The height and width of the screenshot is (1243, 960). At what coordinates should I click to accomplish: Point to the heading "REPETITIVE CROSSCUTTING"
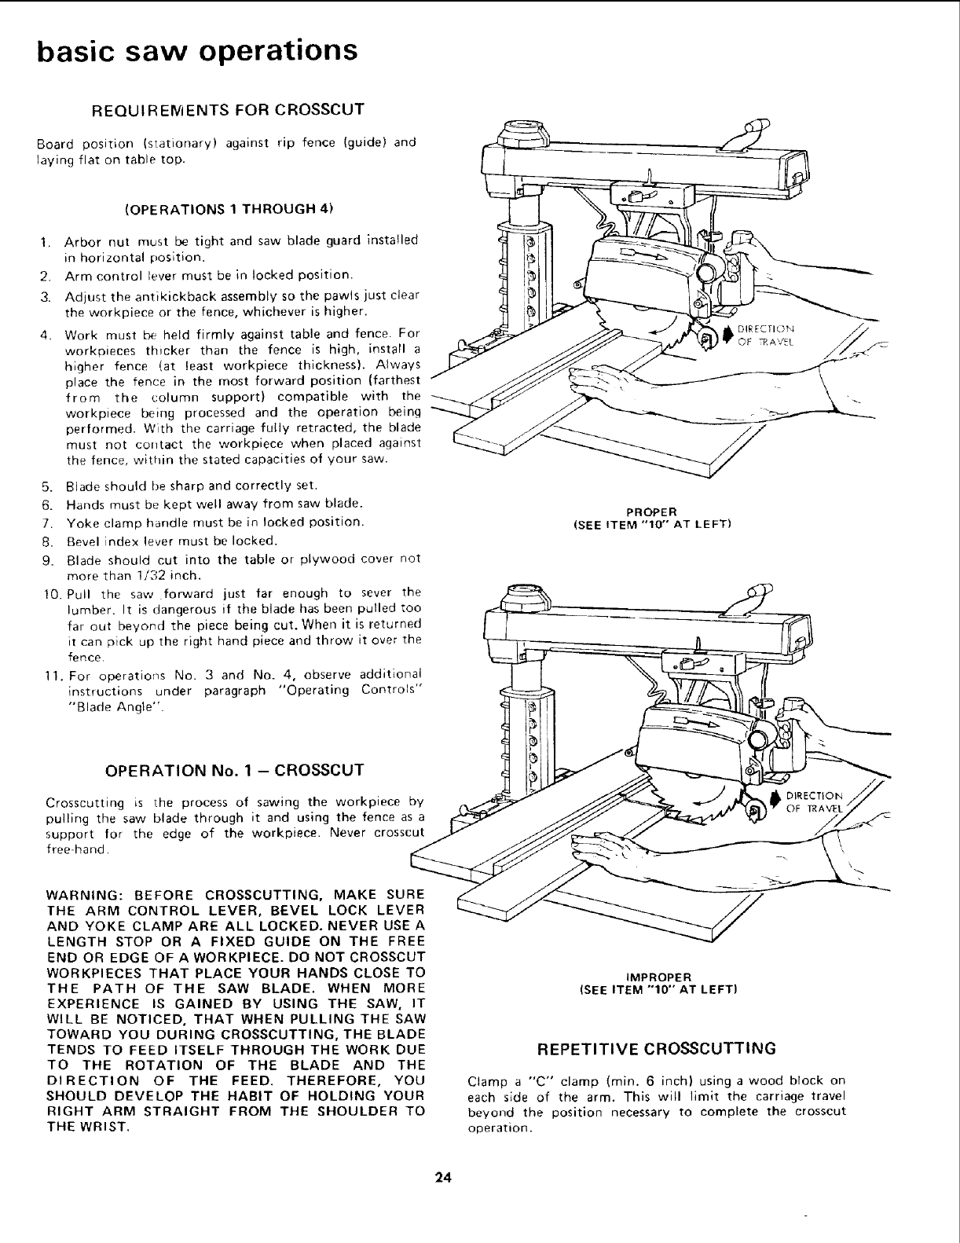pyautogui.click(x=655, y=1048)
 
